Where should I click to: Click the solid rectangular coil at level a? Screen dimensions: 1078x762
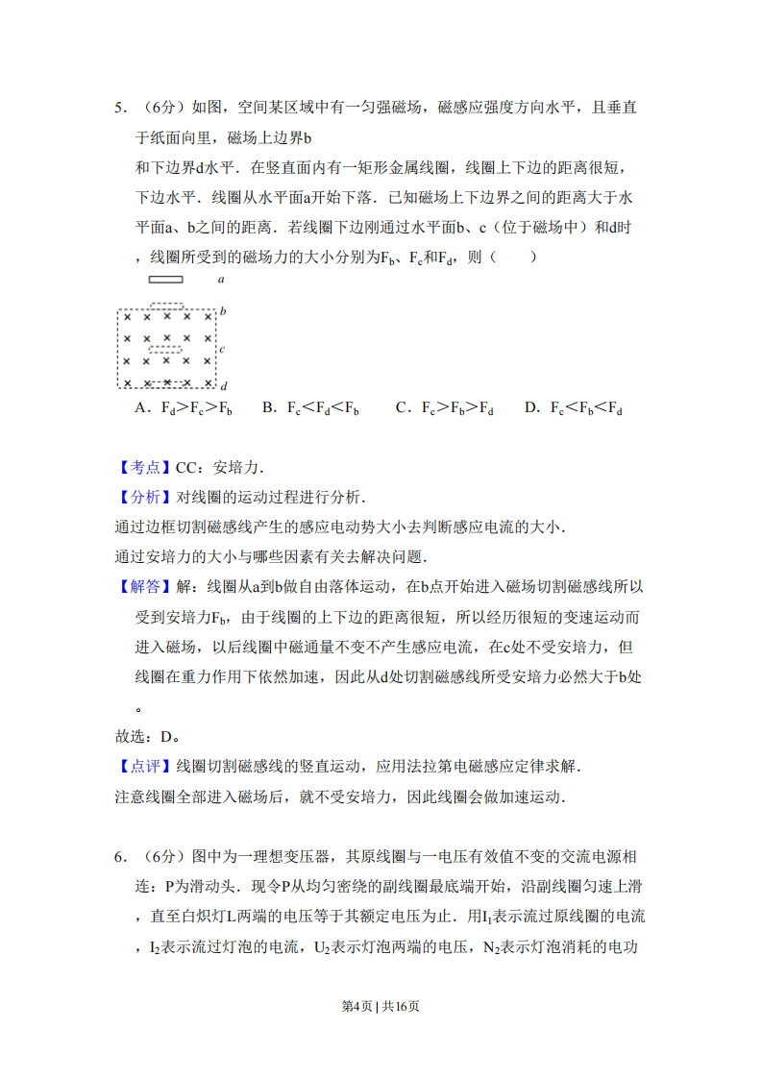click(x=165, y=281)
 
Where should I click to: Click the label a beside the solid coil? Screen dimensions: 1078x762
click(x=221, y=280)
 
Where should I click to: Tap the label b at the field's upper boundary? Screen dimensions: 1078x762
click(x=223, y=311)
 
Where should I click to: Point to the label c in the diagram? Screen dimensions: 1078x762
click(x=222, y=349)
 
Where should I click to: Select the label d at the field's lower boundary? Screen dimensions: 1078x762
click(x=223, y=385)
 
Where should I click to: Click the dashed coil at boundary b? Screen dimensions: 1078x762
click(x=167, y=306)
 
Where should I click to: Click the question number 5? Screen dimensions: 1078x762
click(x=119, y=108)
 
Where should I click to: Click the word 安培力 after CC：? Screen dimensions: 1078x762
click(x=236, y=468)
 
